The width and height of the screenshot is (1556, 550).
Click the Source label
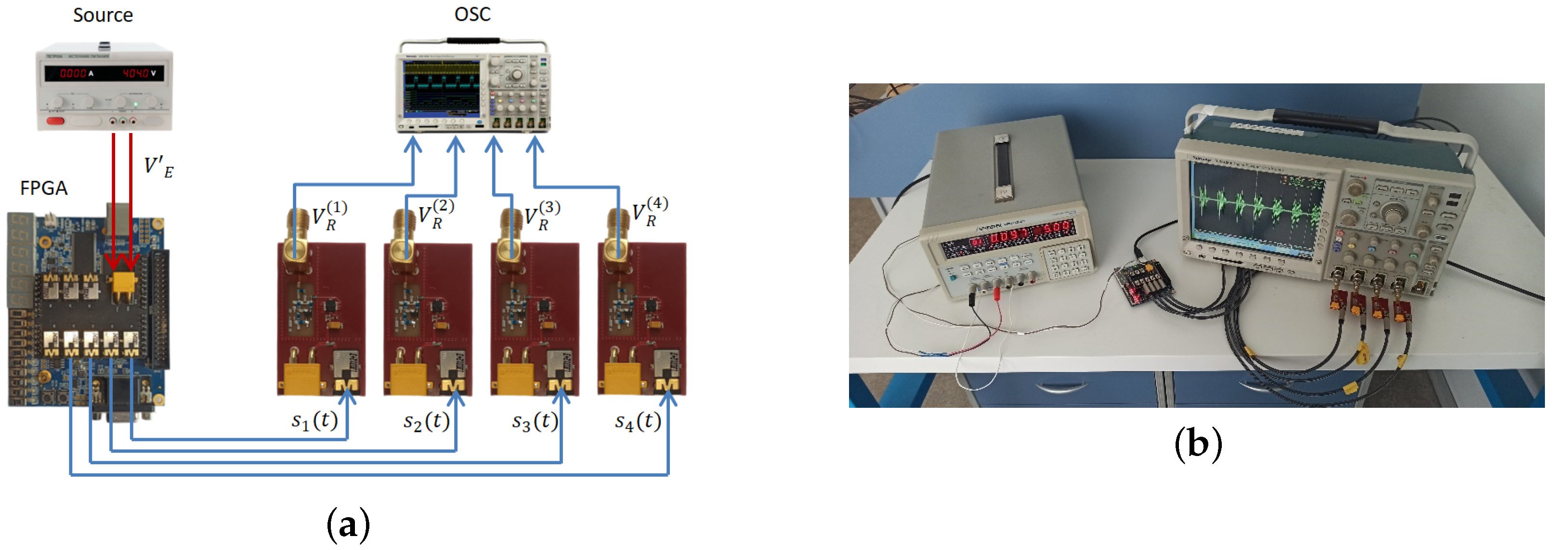(103, 15)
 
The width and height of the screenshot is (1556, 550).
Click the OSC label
(472, 14)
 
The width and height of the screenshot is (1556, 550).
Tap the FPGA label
(43, 188)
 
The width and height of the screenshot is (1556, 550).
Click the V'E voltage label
(158, 167)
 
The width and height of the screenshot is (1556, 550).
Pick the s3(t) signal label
(535, 421)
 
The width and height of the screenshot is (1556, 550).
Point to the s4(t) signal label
(637, 421)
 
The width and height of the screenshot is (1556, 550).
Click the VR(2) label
(435, 215)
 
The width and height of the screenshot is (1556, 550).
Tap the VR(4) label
(649, 212)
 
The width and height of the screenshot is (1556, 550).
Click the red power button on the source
(55, 121)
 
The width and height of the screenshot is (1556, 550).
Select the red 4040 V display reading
(136, 73)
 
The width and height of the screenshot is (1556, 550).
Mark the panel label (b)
(1198, 444)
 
